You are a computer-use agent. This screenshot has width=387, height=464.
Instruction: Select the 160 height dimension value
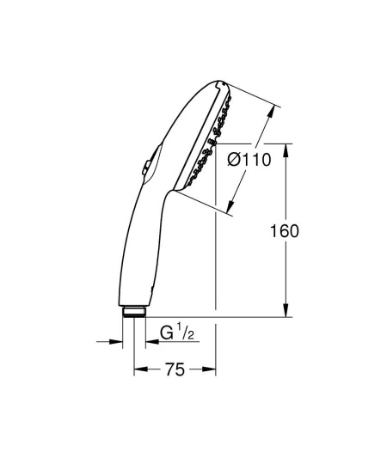click(284, 232)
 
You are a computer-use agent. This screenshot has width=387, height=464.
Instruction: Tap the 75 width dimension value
click(175, 370)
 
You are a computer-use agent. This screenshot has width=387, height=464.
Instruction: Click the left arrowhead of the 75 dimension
click(138, 370)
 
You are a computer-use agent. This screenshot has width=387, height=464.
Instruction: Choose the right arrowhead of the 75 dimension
click(210, 370)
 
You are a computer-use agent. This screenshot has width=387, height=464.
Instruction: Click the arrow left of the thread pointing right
click(116, 343)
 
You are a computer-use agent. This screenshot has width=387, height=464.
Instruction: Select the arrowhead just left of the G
click(150, 343)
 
